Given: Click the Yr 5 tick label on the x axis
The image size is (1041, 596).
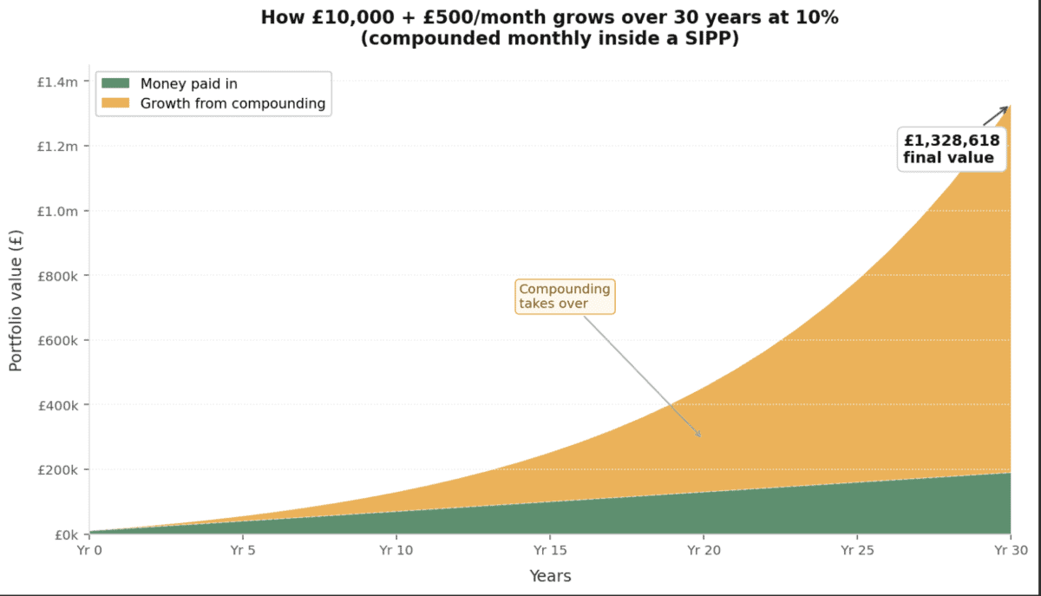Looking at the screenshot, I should click(x=243, y=549).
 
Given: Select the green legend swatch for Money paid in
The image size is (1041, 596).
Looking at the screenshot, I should click(x=115, y=84).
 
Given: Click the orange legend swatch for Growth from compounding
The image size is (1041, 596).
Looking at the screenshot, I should click(x=115, y=104).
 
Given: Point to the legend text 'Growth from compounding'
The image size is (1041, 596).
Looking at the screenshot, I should click(x=232, y=104).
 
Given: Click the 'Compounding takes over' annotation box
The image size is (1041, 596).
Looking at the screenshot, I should click(x=565, y=297).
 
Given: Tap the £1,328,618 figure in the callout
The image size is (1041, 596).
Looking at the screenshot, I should click(x=952, y=141).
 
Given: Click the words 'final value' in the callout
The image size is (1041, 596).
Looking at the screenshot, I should click(x=948, y=158).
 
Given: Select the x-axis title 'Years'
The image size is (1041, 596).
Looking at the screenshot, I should click(x=550, y=576).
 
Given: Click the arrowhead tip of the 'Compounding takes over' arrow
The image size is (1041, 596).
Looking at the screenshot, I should click(x=700, y=436).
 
